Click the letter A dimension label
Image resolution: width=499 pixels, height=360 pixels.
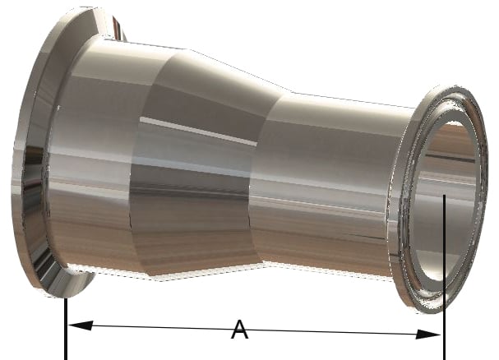(x=239, y=330)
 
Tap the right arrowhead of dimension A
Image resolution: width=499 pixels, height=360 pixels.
(x=435, y=334)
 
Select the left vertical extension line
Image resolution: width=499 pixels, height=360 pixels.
(x=65, y=329)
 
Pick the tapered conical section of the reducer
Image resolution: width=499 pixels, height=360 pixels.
(x=206, y=164)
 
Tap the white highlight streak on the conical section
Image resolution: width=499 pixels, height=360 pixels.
(x=197, y=132)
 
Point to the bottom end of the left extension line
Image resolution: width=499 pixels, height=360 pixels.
(x=65, y=357)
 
